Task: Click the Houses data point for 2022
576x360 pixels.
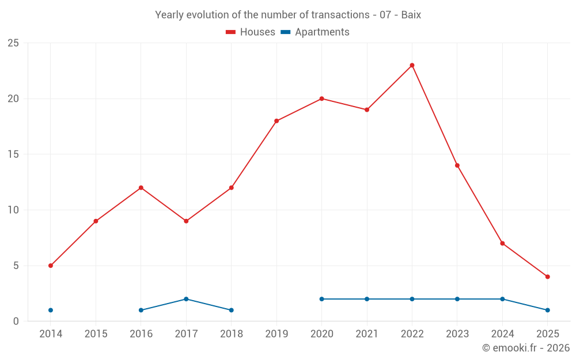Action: tap(412, 65)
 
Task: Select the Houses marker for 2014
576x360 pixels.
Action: tap(51, 266)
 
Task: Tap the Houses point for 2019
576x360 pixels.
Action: tap(276, 121)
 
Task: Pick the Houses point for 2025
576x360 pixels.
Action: tap(547, 276)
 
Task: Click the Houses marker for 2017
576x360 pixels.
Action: tap(186, 221)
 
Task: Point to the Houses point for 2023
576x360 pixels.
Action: tap(457, 165)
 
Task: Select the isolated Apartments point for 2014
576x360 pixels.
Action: tap(51, 310)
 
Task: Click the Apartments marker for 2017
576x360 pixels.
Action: tap(186, 299)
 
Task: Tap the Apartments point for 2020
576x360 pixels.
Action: tap(321, 299)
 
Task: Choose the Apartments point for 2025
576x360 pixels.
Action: tap(547, 310)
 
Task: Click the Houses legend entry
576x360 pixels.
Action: tap(251, 32)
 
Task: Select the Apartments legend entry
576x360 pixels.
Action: tap(315, 32)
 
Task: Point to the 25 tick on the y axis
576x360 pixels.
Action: tap(13, 43)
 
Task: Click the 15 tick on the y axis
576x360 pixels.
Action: tap(13, 154)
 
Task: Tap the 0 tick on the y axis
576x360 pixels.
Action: tap(16, 321)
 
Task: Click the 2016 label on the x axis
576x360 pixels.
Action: tap(141, 334)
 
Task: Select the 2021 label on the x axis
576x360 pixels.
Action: tap(367, 334)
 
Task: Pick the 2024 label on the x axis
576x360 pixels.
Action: tap(502, 334)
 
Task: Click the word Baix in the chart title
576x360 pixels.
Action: tap(410, 15)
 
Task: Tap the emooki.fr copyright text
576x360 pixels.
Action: tap(526, 348)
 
